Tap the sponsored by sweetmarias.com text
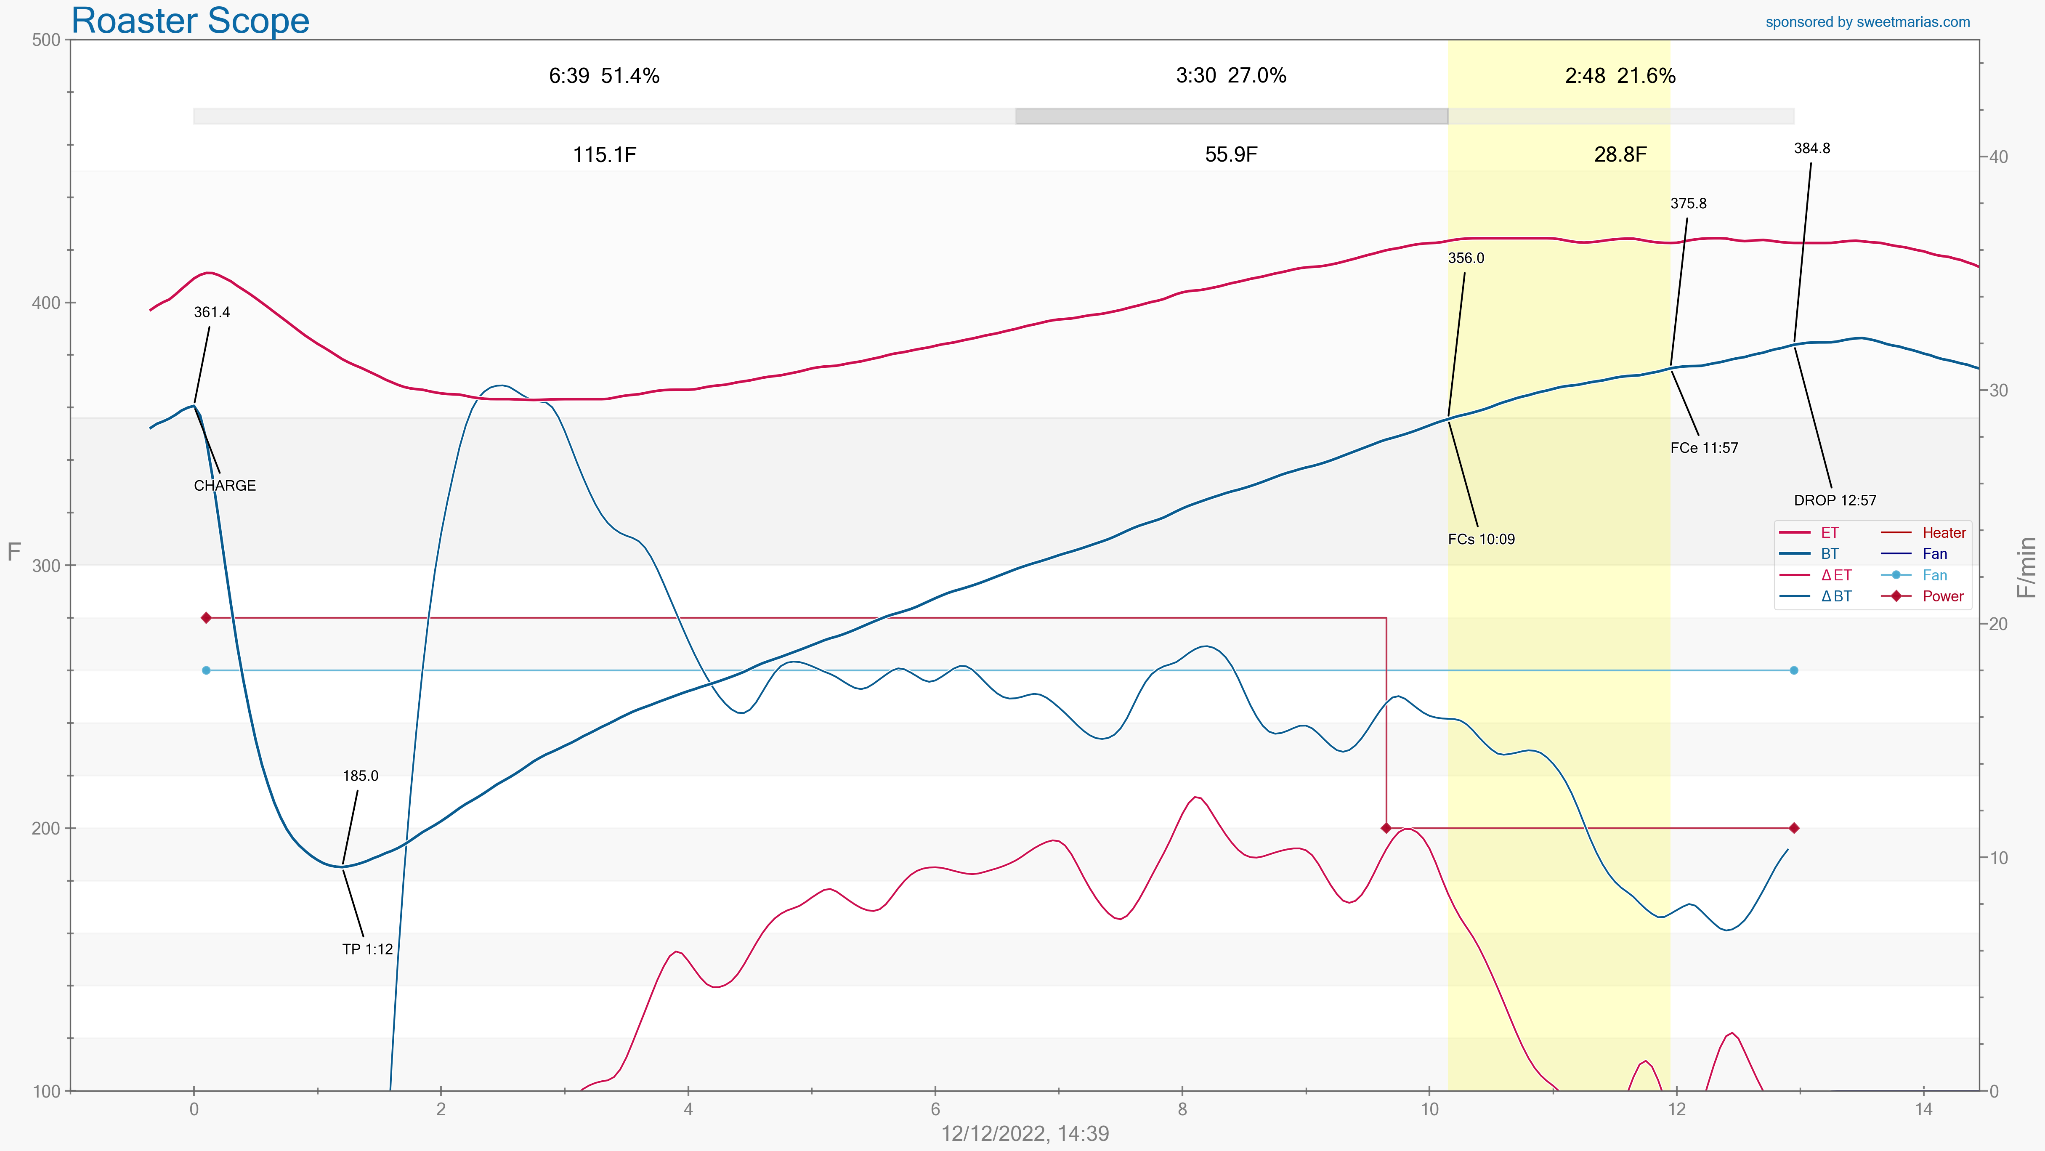pyautogui.click(x=1867, y=22)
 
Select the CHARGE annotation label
pyautogui.click(x=225, y=486)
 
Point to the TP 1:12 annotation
pyautogui.click(x=368, y=949)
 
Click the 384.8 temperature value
pyautogui.click(x=1811, y=149)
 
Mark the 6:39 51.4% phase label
pyautogui.click(x=604, y=76)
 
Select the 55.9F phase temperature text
pyautogui.click(x=1230, y=155)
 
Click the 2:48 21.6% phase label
pyautogui.click(x=1620, y=76)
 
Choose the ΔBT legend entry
pyautogui.click(x=1835, y=597)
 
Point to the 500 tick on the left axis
pyautogui.click(x=46, y=40)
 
